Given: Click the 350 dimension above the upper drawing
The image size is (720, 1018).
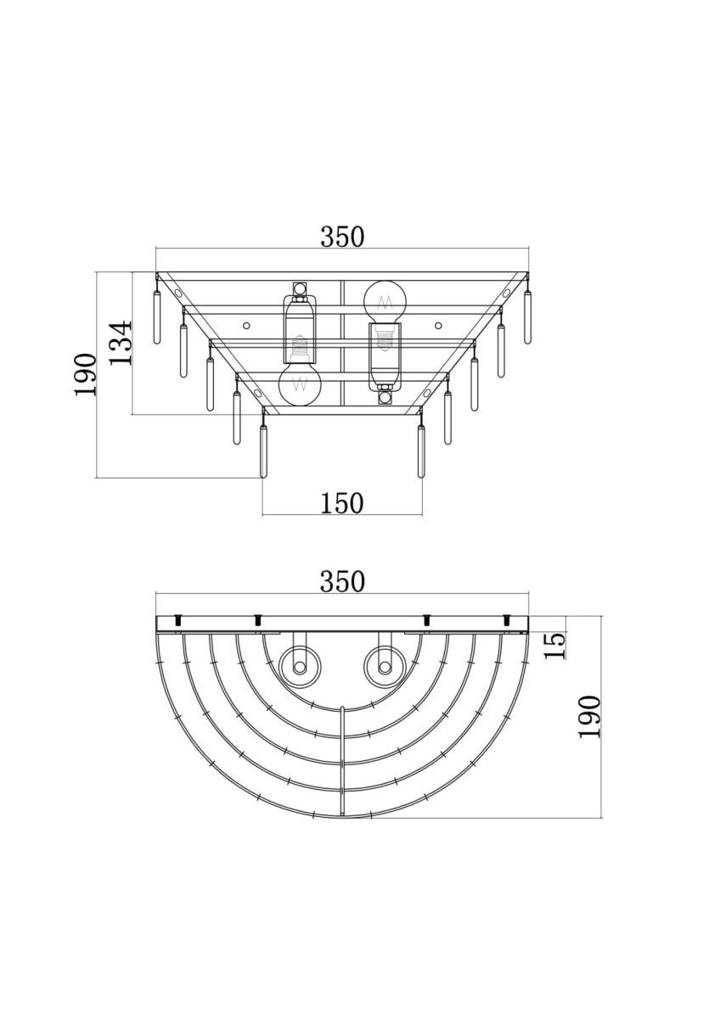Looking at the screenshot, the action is click(342, 237).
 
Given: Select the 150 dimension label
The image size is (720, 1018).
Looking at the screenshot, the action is click(342, 503).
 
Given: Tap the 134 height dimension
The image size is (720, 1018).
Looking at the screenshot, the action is click(121, 343).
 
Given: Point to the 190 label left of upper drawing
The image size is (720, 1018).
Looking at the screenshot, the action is click(86, 374).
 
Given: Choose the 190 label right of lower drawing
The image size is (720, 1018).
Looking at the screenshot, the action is click(590, 717).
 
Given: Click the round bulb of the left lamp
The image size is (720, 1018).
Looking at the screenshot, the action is click(300, 385).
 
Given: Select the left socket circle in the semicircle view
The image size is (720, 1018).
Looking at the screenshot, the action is click(300, 668).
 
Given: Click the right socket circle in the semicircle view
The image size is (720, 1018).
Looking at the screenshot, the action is click(385, 668).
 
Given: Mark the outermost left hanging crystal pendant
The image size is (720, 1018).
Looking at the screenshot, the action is click(157, 316).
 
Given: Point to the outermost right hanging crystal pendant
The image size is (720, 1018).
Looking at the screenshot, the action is click(527, 316).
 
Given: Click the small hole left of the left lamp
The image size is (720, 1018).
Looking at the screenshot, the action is click(246, 326).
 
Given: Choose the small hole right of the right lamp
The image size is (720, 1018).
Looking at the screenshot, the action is click(438, 326).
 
